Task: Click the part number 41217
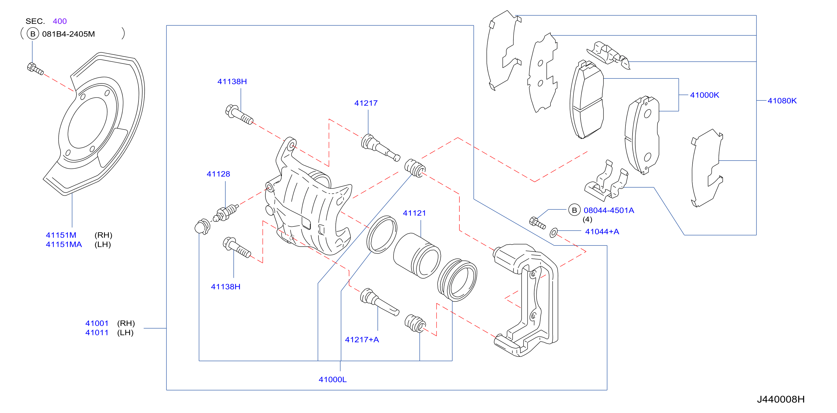[x=366, y=103]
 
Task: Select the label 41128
[x=218, y=174]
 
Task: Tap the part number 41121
[x=414, y=213]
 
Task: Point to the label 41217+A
[x=362, y=340]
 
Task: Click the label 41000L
[x=333, y=380]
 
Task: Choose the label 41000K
[x=704, y=95]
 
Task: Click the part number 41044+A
[x=602, y=232]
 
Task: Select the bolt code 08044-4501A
[x=609, y=210]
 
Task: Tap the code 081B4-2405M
[x=68, y=34]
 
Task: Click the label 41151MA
[x=64, y=245]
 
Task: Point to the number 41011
[x=97, y=333]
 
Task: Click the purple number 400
[x=60, y=21]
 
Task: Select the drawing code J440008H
[x=781, y=399]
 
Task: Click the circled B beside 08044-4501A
[x=574, y=210]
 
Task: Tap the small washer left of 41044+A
[x=553, y=233]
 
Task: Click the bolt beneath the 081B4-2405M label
[x=35, y=69]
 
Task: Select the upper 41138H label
[x=232, y=82]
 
